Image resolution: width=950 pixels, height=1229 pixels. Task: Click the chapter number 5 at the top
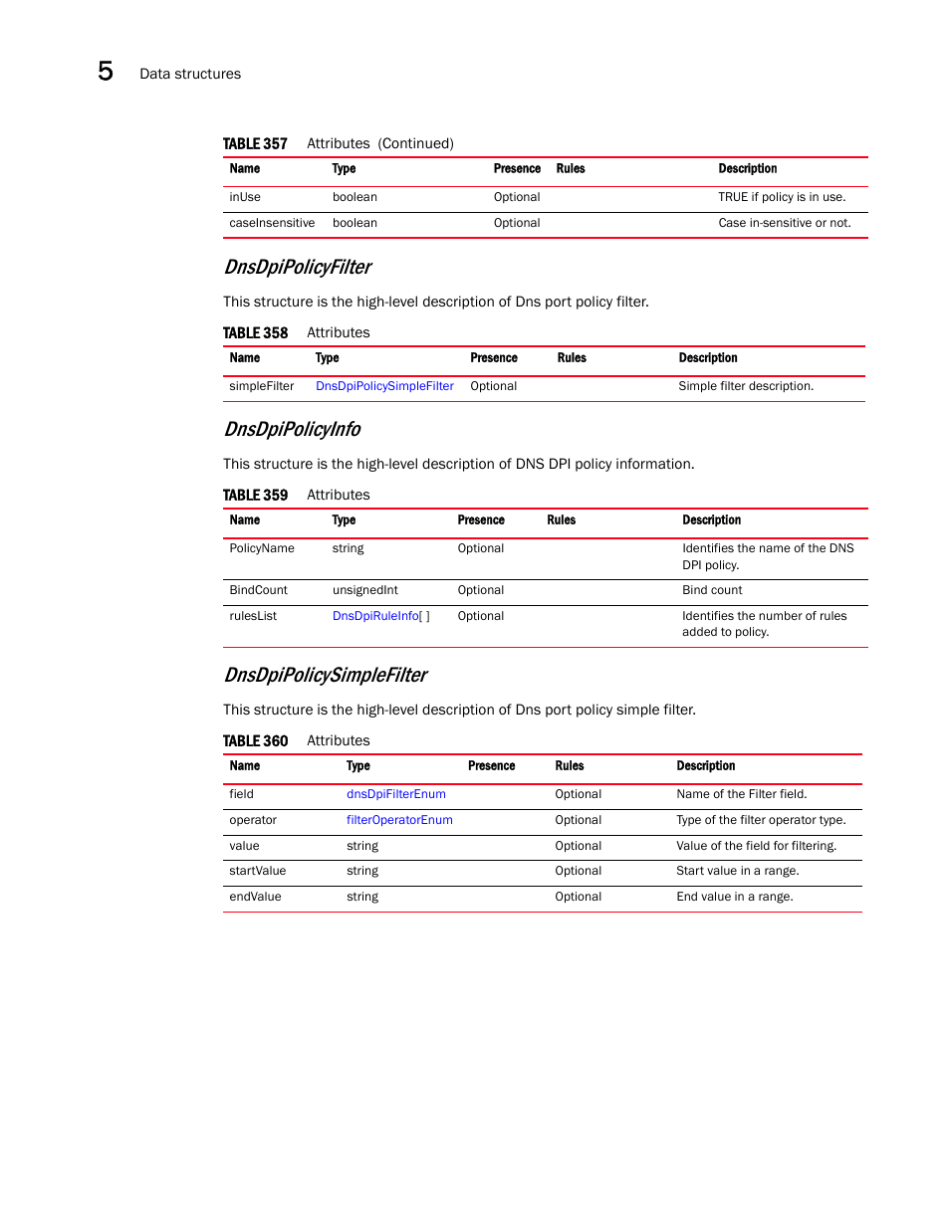[106, 71]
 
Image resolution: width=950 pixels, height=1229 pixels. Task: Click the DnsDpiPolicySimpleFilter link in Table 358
[384, 386]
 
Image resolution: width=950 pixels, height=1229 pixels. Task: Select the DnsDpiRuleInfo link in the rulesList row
[376, 616]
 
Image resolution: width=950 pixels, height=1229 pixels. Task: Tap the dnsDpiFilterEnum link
[395, 794]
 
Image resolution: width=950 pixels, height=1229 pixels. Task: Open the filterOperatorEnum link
[399, 820]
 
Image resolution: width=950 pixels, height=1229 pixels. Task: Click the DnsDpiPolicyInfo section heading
[292, 429]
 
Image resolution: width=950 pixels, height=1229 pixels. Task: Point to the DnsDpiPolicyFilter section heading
[297, 267]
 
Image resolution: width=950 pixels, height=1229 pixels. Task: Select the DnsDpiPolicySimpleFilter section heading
[325, 675]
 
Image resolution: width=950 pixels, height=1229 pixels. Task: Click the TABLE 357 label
[255, 143]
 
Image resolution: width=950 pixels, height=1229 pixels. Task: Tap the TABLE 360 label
[255, 740]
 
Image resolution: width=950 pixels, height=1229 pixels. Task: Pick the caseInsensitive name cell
[272, 223]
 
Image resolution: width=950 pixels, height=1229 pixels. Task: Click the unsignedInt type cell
[364, 590]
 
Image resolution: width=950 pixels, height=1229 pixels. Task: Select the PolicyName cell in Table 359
[262, 548]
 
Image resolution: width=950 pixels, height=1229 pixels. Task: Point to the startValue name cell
[257, 871]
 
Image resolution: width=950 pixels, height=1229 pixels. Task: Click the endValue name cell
[255, 897]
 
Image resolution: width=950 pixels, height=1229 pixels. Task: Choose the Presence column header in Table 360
[491, 766]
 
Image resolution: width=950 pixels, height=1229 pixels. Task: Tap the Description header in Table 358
[708, 358]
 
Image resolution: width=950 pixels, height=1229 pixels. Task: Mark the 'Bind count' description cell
[712, 590]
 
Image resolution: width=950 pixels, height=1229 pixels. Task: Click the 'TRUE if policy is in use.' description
[782, 197]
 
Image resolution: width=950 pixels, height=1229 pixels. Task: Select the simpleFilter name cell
[261, 386]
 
